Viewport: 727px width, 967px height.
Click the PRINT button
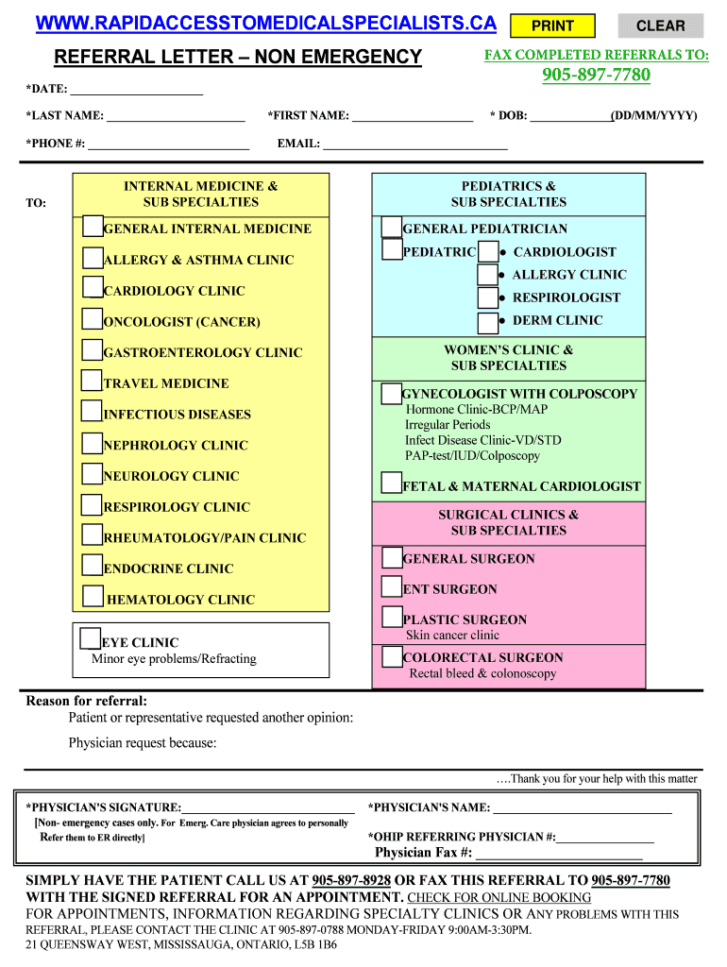coord(553,25)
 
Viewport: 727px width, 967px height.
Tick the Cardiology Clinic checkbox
coord(93,288)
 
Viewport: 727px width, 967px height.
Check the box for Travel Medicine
coord(92,381)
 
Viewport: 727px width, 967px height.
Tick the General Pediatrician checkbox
coord(392,227)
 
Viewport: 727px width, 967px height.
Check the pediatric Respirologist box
coord(488,297)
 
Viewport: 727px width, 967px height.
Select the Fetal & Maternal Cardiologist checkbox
coord(392,483)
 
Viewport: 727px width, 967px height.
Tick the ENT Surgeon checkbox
coord(392,586)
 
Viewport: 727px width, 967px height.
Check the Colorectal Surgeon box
coord(392,656)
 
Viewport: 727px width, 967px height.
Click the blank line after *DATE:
coord(137,91)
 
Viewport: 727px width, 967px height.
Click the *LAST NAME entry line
coord(176,118)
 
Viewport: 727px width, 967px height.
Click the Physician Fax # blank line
coord(559,855)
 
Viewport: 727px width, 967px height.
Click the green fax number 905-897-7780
coord(596,76)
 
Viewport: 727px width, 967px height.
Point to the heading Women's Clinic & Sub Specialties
coord(508,358)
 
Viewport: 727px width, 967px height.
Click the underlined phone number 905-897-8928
coord(351,880)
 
